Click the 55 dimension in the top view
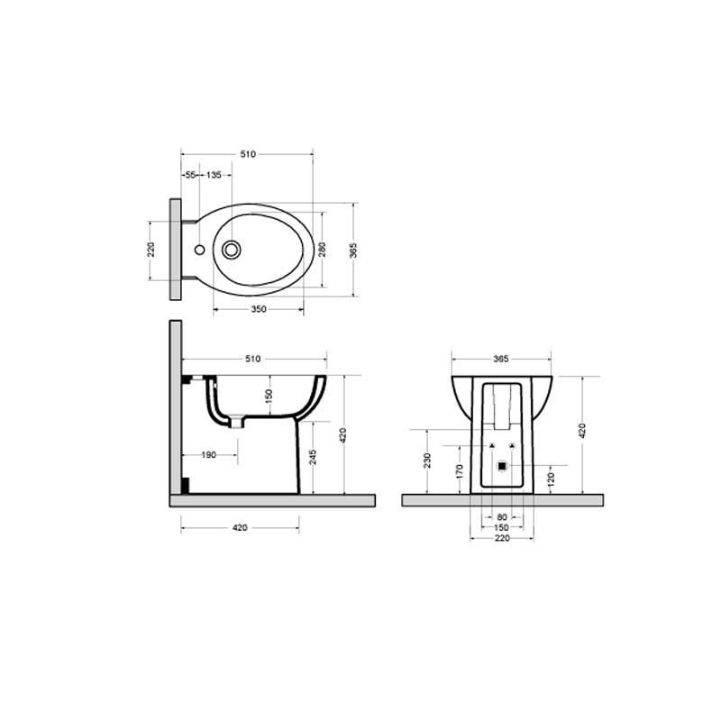coord(190,175)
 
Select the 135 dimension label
coord(214,175)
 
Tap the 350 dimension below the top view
coord(258,309)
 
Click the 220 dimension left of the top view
coord(151,249)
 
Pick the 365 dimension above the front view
coord(500,359)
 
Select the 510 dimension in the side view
coord(252,359)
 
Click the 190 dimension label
coord(208,455)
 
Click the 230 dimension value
coord(428,461)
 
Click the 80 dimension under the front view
coord(501,516)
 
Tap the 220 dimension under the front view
coord(501,538)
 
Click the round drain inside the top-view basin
coord(233,249)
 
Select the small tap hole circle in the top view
coord(198,249)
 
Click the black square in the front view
coord(502,466)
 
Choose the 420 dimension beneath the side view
coord(240,528)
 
